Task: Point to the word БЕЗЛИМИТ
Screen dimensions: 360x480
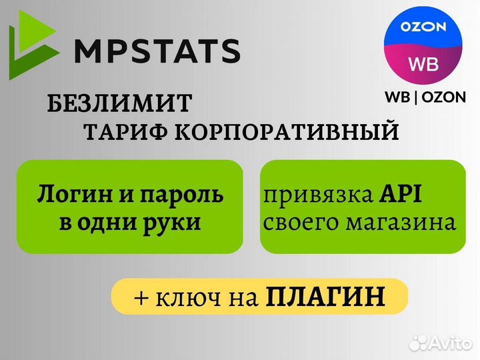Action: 119,104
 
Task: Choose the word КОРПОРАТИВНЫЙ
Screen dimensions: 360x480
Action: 287,132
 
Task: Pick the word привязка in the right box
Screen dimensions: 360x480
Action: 308,196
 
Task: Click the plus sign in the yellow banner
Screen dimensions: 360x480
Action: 141,296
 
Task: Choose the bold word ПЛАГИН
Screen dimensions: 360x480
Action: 325,296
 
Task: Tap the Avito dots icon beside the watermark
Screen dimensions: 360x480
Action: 418,343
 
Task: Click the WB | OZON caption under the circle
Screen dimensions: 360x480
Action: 425,97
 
